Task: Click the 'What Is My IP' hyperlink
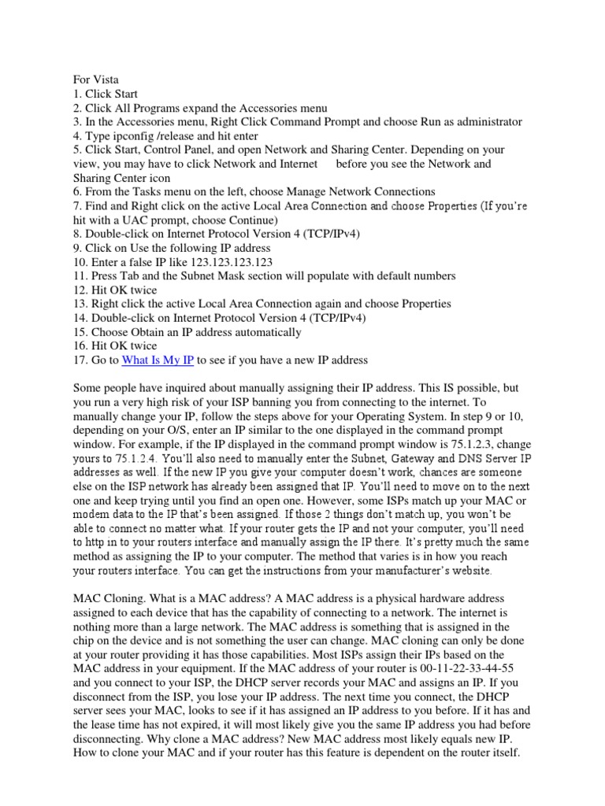pyautogui.click(x=158, y=360)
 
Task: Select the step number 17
pyautogui.click(x=79, y=360)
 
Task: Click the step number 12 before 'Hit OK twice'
pyautogui.click(x=79, y=290)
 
